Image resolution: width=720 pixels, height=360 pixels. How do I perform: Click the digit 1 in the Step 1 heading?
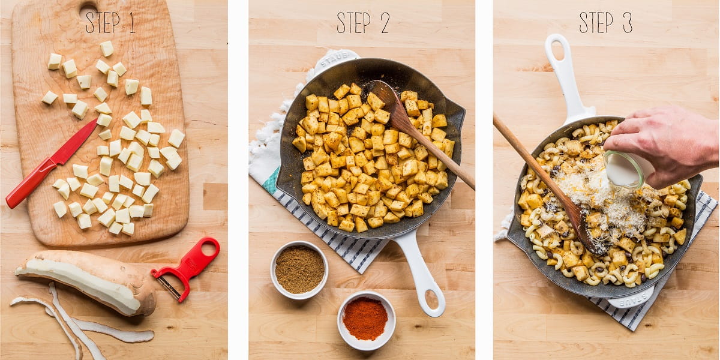coord(132,23)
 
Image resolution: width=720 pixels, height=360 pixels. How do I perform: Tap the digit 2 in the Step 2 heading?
coord(385,23)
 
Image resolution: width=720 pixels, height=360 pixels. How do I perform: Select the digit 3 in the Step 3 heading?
coord(628,23)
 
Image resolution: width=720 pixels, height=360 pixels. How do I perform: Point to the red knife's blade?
coord(74,142)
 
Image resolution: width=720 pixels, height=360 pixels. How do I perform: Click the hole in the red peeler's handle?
coord(209,250)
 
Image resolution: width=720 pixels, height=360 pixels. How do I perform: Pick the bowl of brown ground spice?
coord(299,270)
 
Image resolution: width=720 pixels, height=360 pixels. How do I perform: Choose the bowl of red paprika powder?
coord(366,320)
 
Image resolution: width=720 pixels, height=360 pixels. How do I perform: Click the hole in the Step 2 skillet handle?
coord(431,299)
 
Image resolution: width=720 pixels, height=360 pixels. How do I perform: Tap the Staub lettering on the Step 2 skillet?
coord(334,58)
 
